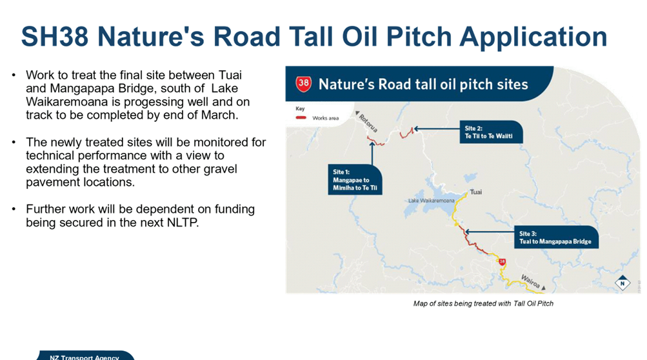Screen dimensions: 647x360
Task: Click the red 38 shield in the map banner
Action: (303, 84)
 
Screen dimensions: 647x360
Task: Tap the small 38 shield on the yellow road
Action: (502, 262)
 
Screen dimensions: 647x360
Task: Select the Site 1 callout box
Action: (355, 179)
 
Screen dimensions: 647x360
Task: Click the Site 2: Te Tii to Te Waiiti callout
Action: (491, 132)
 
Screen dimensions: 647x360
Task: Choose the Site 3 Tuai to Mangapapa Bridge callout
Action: (556, 237)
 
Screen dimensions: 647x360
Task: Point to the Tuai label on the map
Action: (476, 192)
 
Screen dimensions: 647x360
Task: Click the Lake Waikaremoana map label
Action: (431, 201)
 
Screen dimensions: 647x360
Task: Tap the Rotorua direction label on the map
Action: (368, 123)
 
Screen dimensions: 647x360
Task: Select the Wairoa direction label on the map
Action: (530, 281)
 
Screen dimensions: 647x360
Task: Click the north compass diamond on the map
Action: (622, 283)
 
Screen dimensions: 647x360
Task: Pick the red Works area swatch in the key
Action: (301, 117)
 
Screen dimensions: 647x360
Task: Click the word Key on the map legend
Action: (300, 108)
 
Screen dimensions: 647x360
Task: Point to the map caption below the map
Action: (483, 303)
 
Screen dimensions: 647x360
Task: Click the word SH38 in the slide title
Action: (54, 36)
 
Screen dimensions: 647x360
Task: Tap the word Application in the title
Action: (533, 37)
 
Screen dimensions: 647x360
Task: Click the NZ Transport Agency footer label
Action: (84, 357)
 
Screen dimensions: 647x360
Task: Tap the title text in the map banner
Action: (423, 85)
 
